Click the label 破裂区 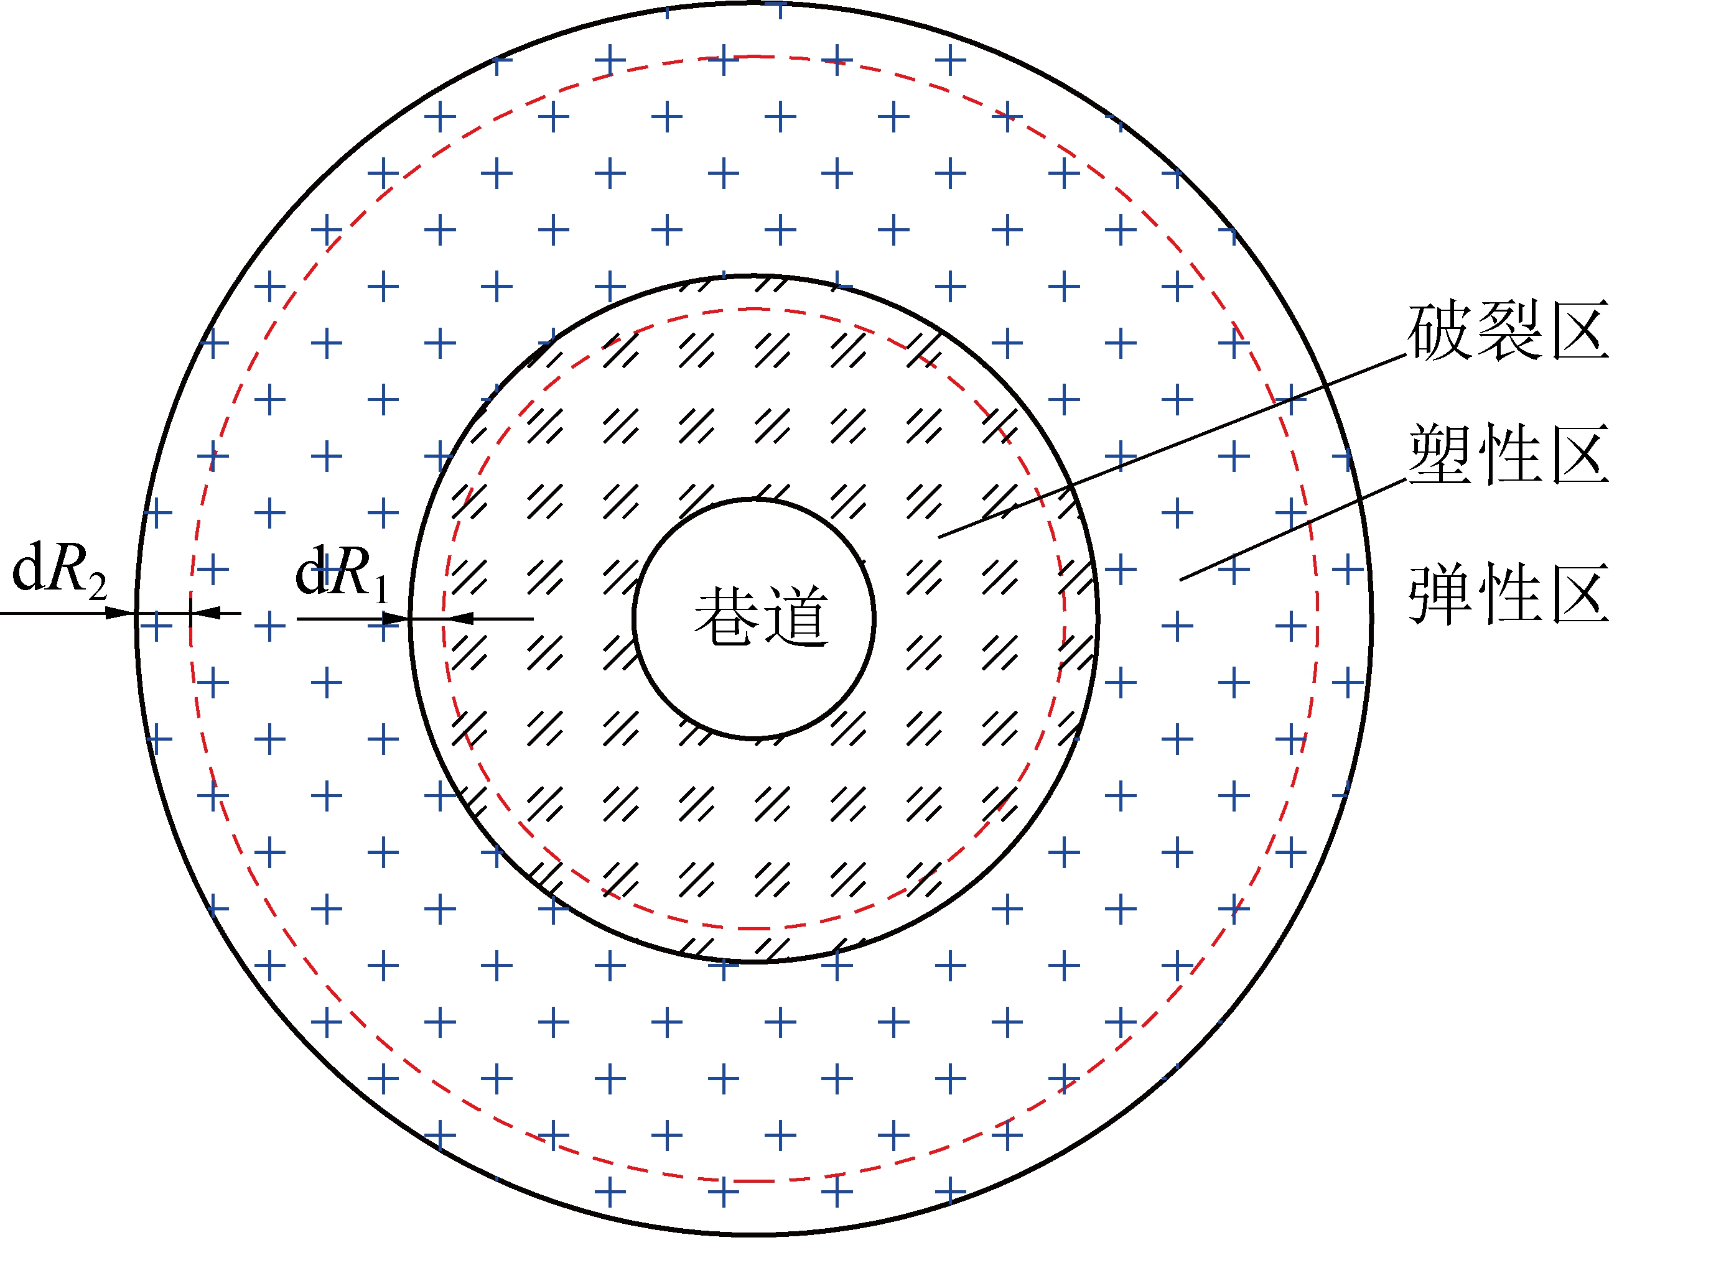1508,331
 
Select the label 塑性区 1508,455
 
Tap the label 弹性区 1508,594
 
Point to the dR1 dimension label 341,573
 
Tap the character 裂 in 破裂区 1508,331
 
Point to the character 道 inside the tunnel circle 797,616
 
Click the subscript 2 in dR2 96,588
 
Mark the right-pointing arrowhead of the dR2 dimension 121,613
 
